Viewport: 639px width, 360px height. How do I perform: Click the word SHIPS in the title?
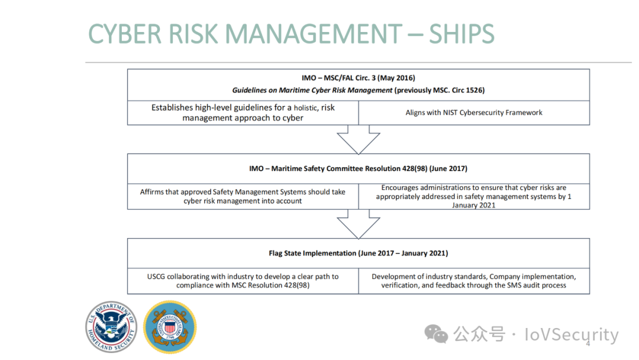pyautogui.click(x=461, y=34)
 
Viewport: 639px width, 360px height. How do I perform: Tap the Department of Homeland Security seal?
pyautogui.click(x=111, y=327)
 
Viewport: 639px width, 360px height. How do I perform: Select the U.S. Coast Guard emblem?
pyautogui.click(x=170, y=327)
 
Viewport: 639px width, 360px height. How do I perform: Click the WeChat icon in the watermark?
pyautogui.click(x=436, y=334)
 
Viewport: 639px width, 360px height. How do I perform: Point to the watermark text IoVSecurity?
pyautogui.click(x=572, y=335)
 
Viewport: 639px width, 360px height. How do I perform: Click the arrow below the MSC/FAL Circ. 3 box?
pyautogui.click(x=359, y=139)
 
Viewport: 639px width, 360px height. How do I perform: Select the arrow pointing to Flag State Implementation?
pyautogui.click(x=359, y=224)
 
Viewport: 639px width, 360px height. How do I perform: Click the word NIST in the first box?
pyautogui.click(x=450, y=112)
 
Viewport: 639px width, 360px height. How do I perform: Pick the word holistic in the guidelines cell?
pyautogui.click(x=306, y=108)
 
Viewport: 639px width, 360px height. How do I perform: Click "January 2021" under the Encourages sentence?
pyautogui.click(x=473, y=205)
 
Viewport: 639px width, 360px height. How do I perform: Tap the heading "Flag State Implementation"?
pyautogui.click(x=312, y=253)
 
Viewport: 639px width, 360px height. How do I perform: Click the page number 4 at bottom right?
pyautogui.click(x=588, y=344)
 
